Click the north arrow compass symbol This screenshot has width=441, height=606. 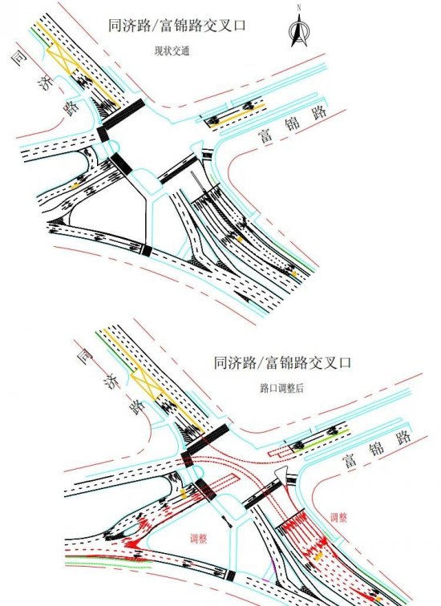[299, 30]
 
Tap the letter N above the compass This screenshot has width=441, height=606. [299, 7]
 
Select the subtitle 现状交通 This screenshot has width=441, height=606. [172, 51]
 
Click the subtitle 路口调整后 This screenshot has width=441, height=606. [281, 388]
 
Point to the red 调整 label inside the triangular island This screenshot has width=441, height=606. [199, 539]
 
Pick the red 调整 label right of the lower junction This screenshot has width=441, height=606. [338, 517]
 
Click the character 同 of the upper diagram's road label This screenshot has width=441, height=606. [19, 58]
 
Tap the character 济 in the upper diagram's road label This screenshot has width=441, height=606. [46, 83]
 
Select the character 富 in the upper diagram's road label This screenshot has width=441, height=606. [266, 136]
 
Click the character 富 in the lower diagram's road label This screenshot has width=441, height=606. [350, 461]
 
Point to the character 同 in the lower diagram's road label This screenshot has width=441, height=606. [85, 357]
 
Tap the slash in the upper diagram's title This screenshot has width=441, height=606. [154, 26]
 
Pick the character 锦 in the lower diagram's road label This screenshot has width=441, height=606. [377, 449]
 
